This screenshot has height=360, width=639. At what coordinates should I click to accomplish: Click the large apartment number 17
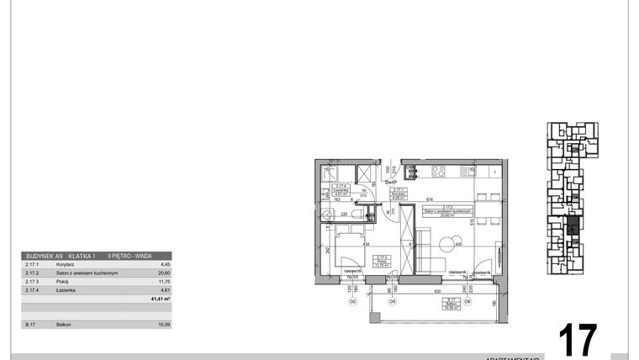point(578,340)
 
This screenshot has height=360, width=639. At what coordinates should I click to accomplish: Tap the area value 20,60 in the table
point(165,273)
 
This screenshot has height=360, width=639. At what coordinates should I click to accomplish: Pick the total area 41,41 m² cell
point(160,299)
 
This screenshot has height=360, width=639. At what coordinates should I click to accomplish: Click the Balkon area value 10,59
point(165,324)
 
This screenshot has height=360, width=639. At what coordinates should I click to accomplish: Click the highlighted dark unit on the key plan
point(573,225)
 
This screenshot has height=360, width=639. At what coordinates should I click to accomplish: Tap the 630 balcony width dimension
point(438,291)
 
